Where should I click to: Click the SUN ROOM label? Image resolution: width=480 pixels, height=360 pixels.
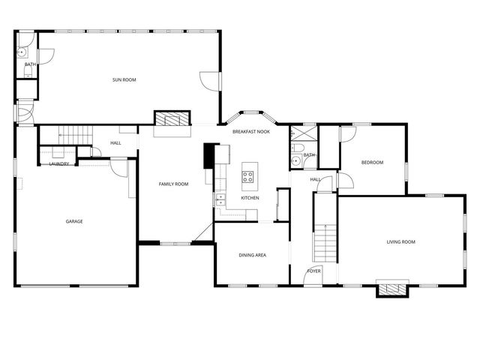(124, 79)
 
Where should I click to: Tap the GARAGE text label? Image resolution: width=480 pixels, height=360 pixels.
(74, 221)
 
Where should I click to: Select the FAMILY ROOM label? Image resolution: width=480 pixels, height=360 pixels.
(172, 184)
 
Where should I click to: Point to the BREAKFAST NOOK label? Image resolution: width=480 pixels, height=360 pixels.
(250, 131)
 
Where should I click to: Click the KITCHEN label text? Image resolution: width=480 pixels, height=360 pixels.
(250, 198)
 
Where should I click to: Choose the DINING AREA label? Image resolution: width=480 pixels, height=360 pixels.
(252, 256)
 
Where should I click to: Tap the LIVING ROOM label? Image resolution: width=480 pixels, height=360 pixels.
(400, 241)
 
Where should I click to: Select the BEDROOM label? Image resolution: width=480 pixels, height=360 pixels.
(372, 163)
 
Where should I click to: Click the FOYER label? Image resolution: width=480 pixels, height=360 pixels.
(314, 271)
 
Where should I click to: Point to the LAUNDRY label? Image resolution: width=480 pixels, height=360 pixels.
(59, 163)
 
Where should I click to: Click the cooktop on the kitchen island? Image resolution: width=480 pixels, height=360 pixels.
(248, 178)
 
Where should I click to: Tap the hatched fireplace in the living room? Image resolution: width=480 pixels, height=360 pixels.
(391, 289)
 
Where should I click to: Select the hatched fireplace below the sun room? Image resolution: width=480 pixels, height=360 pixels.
(172, 119)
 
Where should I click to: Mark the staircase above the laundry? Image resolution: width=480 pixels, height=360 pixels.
(75, 135)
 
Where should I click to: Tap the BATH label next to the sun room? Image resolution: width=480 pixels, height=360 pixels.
(30, 64)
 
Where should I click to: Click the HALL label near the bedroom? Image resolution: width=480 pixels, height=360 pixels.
(315, 179)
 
